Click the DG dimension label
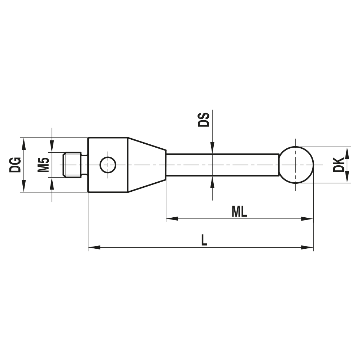click(x=15, y=165)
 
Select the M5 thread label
click(x=44, y=165)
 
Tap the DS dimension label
click(x=204, y=120)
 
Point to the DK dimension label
click(x=339, y=165)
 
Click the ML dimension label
click(x=239, y=212)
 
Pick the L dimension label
click(x=204, y=240)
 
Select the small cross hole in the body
click(x=108, y=165)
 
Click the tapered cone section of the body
click(x=147, y=165)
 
